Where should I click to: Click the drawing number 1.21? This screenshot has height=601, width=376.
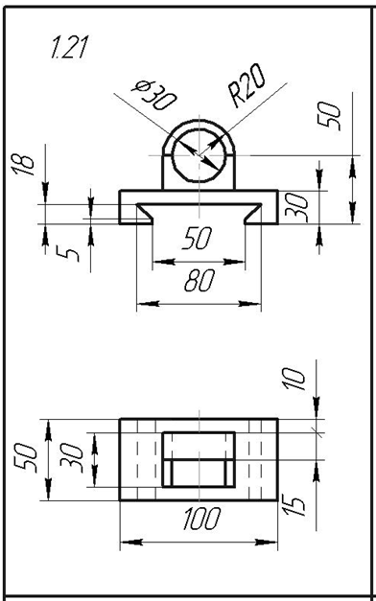[70, 47]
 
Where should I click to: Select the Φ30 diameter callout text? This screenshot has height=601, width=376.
[153, 95]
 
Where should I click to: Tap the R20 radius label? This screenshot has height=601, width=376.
[247, 84]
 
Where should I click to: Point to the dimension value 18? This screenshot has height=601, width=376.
[23, 165]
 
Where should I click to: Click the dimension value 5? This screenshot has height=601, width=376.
[67, 254]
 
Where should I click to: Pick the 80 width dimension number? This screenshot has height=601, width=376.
[200, 281]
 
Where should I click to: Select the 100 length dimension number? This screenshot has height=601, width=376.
[201, 519]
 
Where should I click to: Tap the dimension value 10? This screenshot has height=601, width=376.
[294, 379]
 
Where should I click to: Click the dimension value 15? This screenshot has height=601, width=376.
[294, 505]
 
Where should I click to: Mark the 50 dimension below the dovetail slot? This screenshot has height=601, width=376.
[198, 239]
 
